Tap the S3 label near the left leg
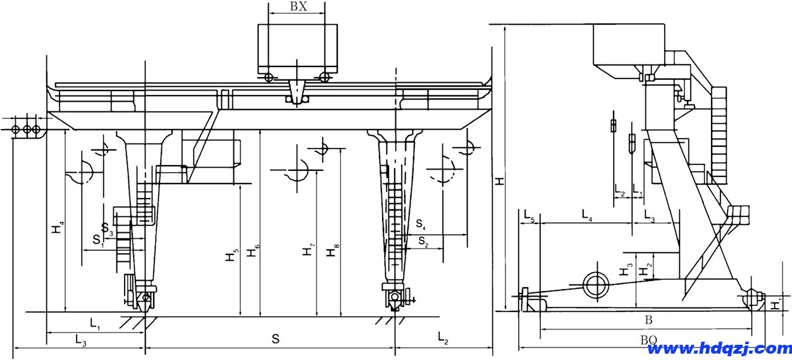point(108,228)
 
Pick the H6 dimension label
point(252,251)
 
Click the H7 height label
point(308,249)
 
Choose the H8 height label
point(331,252)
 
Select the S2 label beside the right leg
point(423,241)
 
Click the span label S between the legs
point(275,339)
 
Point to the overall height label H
point(500,181)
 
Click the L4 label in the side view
point(587,216)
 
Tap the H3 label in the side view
point(624,270)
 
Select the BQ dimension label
point(648,340)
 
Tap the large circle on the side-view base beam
point(595,285)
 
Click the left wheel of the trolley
point(269,77)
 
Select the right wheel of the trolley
point(325,77)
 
